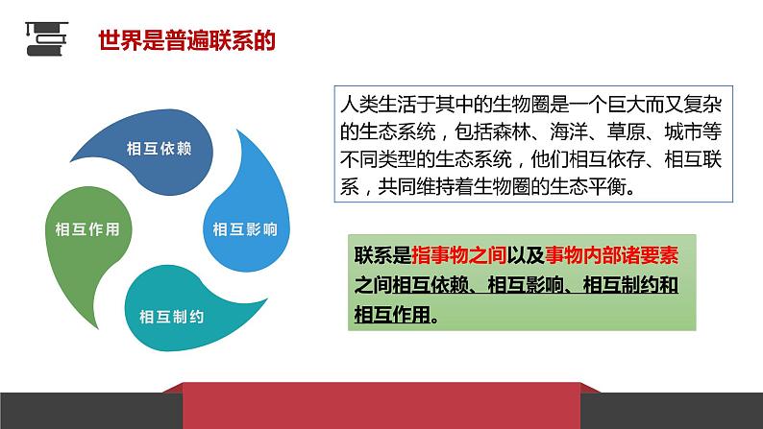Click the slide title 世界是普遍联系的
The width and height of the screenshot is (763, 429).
(186, 40)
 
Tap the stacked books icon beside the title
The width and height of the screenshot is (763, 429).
(46, 38)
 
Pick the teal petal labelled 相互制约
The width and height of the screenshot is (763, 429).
(185, 311)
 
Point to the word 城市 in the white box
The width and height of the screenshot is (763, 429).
(683, 131)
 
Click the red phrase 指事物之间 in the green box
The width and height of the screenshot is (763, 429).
(459, 255)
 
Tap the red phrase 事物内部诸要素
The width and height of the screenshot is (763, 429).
(611, 255)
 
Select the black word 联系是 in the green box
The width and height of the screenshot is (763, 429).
(383, 255)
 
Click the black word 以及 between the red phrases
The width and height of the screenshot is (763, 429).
(526, 255)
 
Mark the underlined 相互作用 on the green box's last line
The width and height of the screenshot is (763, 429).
(392, 315)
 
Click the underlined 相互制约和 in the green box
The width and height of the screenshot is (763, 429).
(630, 285)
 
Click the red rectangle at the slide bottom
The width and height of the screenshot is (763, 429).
(381, 406)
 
